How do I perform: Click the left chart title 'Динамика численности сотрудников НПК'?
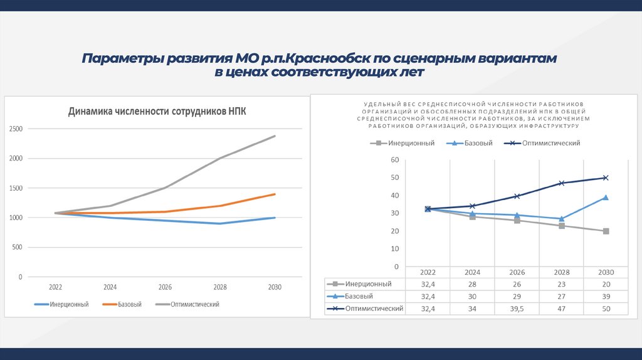[157, 112]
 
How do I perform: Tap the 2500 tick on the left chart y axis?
[16, 129]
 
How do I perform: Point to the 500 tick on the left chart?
[17, 247]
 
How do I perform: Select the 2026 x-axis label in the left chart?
[165, 287]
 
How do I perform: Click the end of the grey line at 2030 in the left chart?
[275, 136]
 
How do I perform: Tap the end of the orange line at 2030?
[275, 194]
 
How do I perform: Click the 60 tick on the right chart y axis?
[394, 160]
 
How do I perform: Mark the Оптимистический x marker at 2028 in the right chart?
[561, 183]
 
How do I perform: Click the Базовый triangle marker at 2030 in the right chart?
[606, 198]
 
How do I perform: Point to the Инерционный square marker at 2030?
[606, 231]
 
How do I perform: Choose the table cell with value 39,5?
[517, 309]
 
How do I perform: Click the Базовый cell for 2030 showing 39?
[606, 296]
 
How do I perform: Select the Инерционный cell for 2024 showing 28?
[472, 284]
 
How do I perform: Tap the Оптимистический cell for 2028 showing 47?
[561, 309]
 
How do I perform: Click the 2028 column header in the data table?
[561, 272]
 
